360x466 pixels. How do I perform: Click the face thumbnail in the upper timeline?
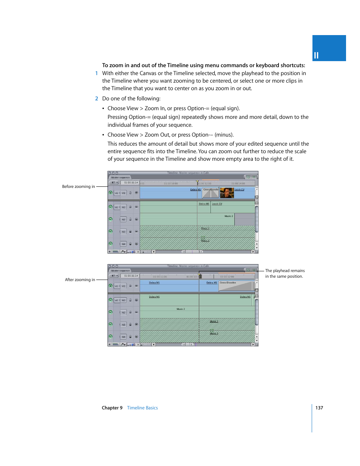227,193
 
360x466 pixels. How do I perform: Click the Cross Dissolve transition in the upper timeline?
211,193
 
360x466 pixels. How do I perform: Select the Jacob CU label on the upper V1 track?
239,190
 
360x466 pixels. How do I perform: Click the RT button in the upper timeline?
114,183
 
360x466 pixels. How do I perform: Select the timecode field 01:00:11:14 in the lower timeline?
131,276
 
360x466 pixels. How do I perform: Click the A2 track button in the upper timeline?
123,220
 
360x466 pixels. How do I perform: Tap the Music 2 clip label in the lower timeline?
181,309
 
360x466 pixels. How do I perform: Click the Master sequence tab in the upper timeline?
120,177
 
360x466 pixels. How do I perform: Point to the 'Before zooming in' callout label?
78,186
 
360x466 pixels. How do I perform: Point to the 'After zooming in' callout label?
80,280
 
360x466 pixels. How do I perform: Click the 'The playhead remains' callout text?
285,271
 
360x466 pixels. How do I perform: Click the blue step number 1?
97,74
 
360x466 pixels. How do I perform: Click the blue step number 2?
97,98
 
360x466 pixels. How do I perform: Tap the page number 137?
319,408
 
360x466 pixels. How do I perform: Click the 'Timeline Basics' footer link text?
142,408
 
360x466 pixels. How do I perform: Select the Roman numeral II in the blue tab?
316,55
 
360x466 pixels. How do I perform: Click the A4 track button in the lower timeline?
123,337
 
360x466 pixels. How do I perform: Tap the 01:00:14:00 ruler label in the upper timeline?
238,184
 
